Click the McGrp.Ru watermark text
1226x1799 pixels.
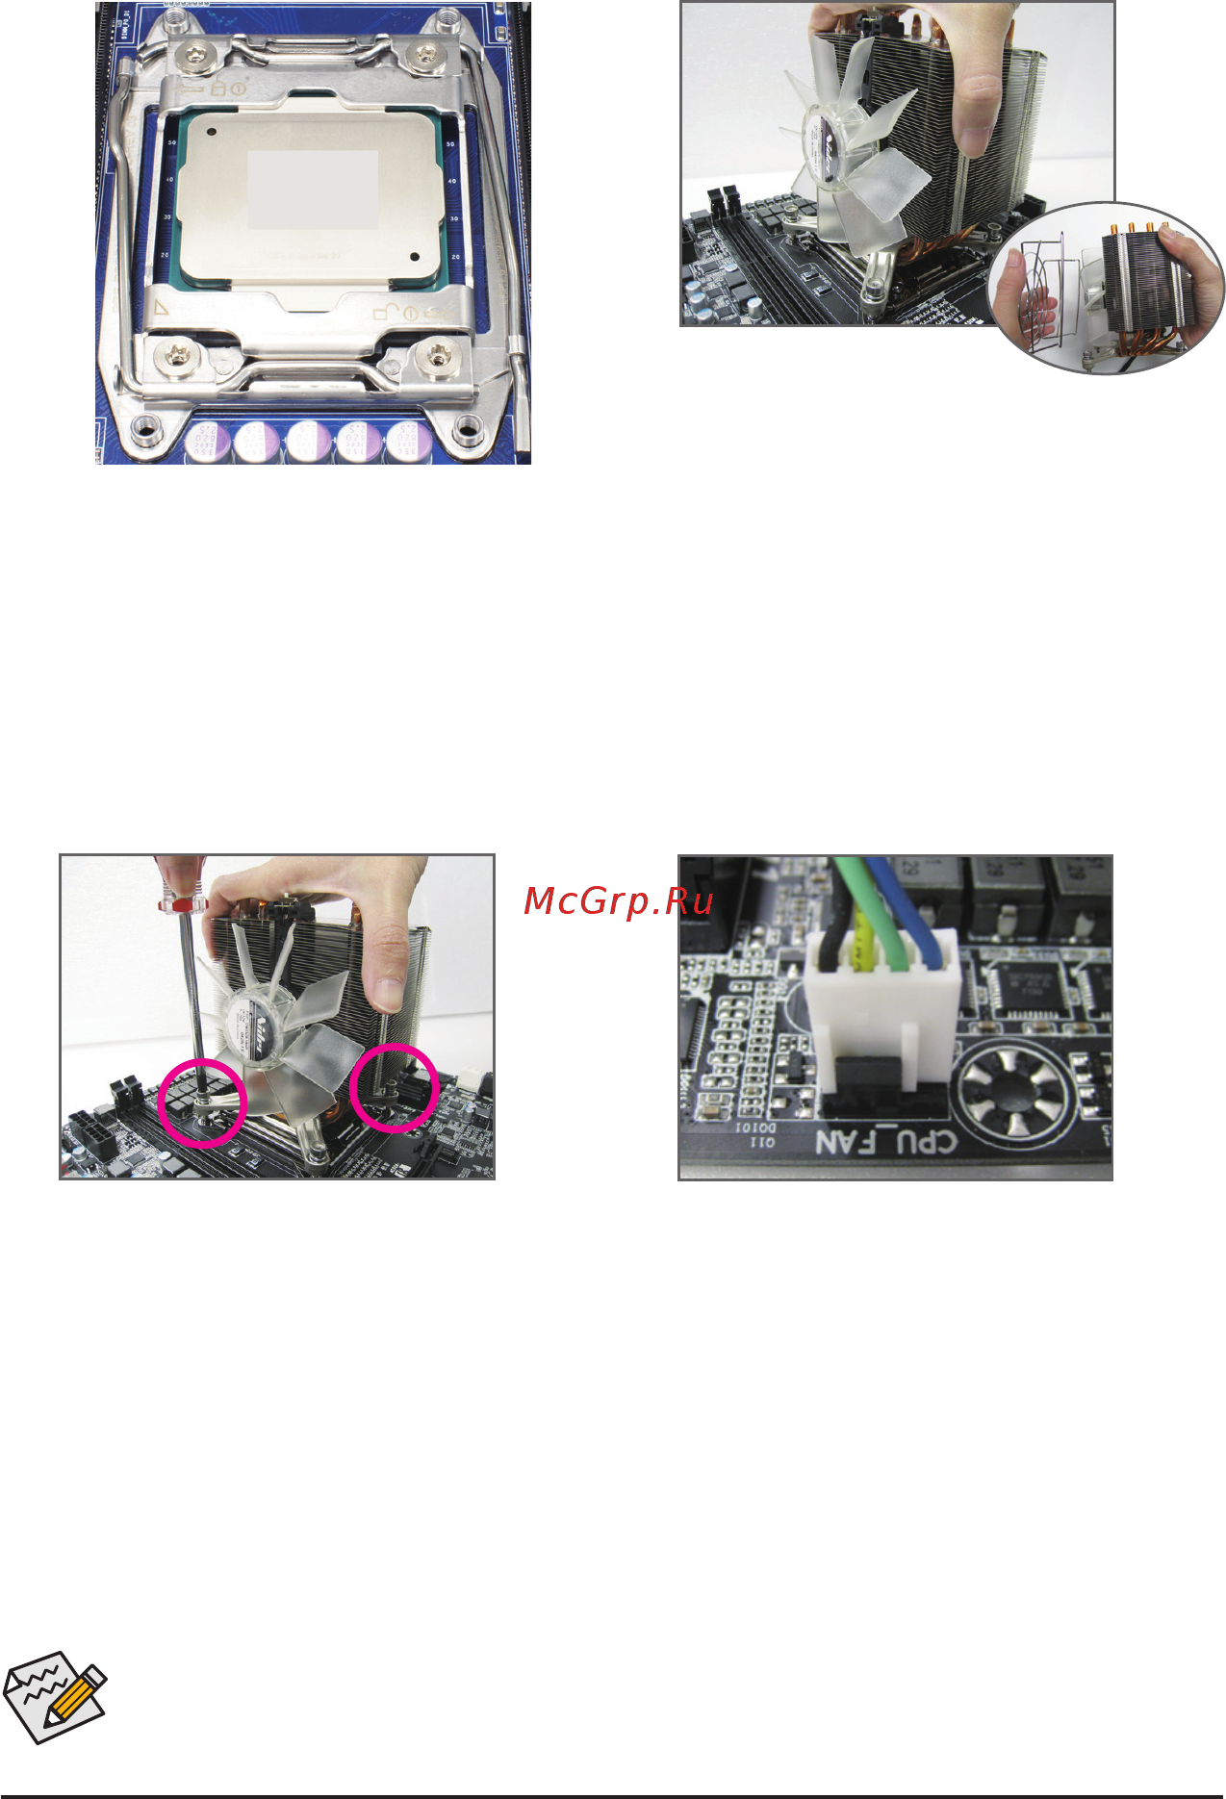pos(619,901)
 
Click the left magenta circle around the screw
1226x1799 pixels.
pos(203,1102)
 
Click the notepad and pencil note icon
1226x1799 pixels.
pos(55,1697)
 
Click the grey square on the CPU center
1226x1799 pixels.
pos(313,190)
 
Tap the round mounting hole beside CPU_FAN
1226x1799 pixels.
pos(1015,1096)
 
